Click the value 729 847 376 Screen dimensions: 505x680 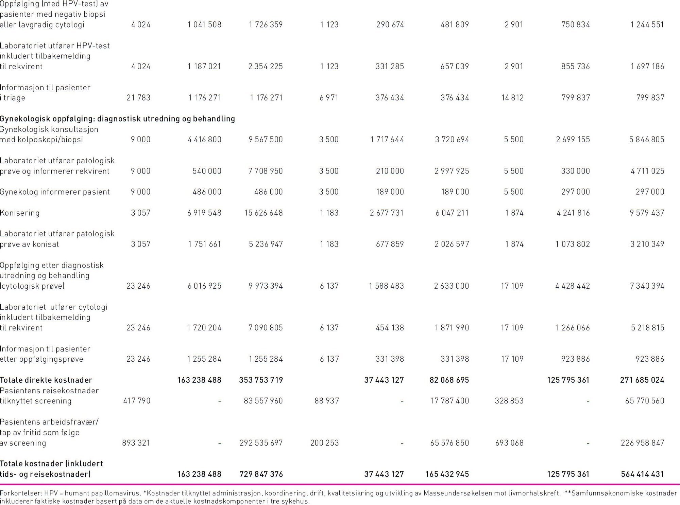click(x=261, y=474)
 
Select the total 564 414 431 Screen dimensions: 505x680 click(x=642, y=474)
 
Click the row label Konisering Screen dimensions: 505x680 click(x=20, y=213)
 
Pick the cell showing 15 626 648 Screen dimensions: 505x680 click(x=263, y=213)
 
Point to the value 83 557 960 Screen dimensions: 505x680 click(x=263, y=401)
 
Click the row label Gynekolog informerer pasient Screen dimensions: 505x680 click(x=55, y=192)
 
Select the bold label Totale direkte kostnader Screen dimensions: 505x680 click(x=46, y=380)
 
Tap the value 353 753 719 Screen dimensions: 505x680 click(x=261, y=380)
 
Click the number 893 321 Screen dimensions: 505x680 click(x=136, y=443)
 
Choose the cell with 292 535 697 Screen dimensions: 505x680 click(x=261, y=443)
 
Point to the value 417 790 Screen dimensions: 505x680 click(x=137, y=401)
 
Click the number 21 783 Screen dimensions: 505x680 click(x=138, y=98)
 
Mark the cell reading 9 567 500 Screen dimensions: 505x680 click(x=266, y=140)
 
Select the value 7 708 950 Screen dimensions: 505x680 click(x=266, y=171)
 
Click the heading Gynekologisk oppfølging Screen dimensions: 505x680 click(x=48, y=119)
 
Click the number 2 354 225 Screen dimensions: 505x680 click(x=266, y=67)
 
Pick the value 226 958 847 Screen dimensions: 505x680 click(x=642, y=443)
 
